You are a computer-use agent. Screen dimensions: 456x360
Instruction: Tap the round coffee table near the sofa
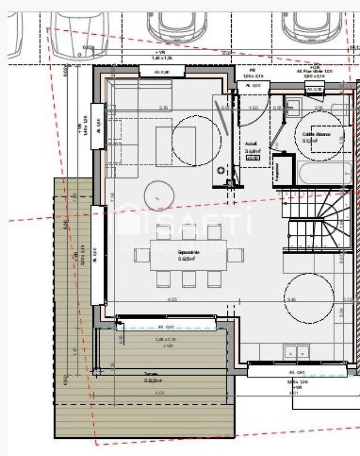[x=159, y=196]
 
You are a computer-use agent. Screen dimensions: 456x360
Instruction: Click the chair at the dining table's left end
[x=141, y=255]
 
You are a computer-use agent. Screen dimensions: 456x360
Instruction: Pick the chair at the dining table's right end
[x=235, y=255]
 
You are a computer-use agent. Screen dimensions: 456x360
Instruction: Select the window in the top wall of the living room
[x=162, y=71]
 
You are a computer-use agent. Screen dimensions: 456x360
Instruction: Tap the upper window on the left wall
[x=97, y=126]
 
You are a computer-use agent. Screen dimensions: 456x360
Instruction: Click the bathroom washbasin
[x=293, y=107]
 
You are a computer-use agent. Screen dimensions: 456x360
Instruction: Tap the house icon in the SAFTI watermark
[x=129, y=219]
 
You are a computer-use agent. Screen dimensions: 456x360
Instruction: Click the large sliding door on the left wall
[x=98, y=255]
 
